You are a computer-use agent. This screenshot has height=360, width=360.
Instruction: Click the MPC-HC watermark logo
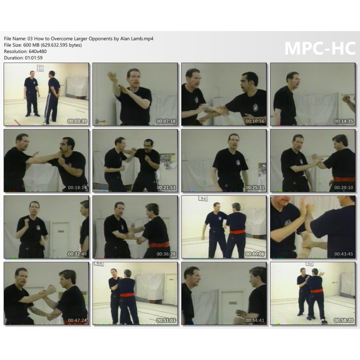click(x=320, y=48)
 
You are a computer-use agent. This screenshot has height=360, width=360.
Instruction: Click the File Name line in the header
click(x=78, y=39)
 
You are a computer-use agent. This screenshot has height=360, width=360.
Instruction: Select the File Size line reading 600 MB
click(x=43, y=45)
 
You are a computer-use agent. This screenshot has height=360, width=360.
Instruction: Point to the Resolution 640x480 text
click(x=25, y=51)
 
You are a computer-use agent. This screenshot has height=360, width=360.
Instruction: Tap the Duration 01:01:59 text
click(x=23, y=58)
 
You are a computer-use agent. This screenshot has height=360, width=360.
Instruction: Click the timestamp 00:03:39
click(x=77, y=121)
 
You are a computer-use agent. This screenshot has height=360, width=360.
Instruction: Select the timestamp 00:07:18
click(x=166, y=121)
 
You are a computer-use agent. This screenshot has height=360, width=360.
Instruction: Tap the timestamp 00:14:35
click(x=344, y=121)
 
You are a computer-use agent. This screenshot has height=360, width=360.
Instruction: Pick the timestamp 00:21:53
click(x=166, y=188)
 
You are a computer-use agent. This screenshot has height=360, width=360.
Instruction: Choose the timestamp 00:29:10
click(x=344, y=188)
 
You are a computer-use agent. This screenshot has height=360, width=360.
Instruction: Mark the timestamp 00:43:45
click(x=344, y=254)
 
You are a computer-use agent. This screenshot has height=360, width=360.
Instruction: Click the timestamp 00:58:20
click(x=344, y=320)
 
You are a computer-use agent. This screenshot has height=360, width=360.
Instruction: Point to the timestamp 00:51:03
click(x=166, y=320)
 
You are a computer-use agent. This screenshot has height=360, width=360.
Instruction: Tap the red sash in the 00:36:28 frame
click(x=159, y=244)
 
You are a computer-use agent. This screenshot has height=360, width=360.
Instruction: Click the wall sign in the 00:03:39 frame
click(x=40, y=68)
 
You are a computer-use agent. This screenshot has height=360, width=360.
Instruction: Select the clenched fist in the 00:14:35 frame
click(x=346, y=99)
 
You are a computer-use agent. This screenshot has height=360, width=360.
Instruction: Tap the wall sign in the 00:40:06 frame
click(x=203, y=198)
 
